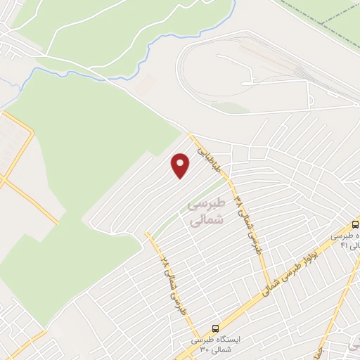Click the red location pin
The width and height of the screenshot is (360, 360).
pos(181,165)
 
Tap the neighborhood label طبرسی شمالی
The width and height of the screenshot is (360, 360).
pos(206,212)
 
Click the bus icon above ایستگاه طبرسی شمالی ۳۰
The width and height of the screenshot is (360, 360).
pos(215,328)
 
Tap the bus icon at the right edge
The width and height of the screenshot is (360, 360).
pos(355,224)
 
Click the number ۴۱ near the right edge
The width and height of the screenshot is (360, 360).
pos(344,245)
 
